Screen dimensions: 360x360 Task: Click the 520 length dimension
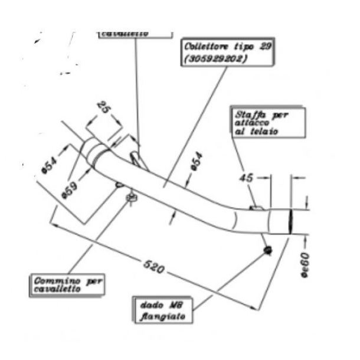[153, 267]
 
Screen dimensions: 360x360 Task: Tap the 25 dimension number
[103, 109]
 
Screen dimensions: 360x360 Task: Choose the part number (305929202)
[215, 59]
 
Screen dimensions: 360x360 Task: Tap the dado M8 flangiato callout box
[163, 310]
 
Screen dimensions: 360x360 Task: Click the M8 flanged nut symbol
[267, 251]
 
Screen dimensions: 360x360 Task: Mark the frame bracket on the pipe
[256, 207]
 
